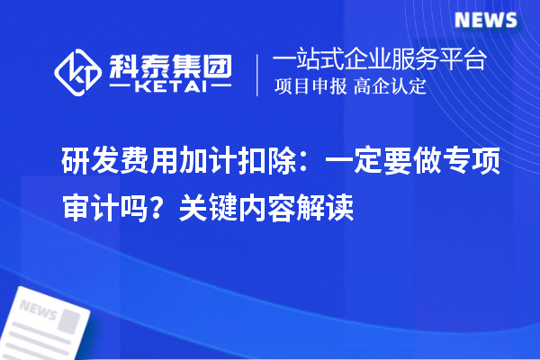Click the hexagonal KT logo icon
click(79, 71)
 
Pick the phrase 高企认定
click(390, 88)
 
